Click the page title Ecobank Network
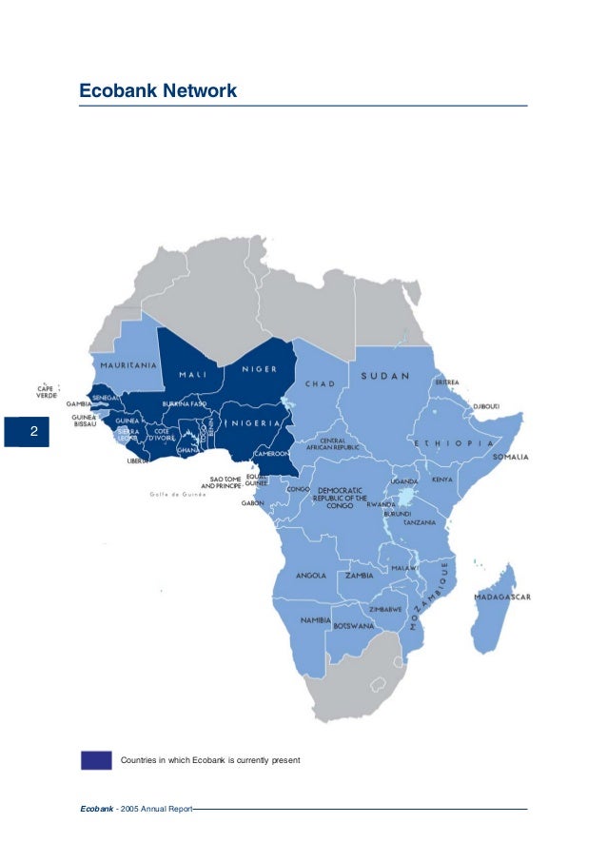tap(157, 91)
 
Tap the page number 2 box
tap(33, 432)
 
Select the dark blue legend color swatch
tap(96, 760)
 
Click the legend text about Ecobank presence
tap(209, 760)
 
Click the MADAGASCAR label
tap(502, 597)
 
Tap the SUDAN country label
tap(385, 376)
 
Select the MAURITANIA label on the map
tap(124, 364)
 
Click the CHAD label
tap(320, 384)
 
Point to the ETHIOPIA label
tap(453, 443)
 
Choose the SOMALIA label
tap(510, 458)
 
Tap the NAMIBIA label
tap(314, 619)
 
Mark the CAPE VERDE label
tap(46, 391)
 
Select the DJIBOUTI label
tap(486, 406)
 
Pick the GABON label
tap(253, 502)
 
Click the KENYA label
tap(442, 480)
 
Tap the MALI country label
tap(194, 374)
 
